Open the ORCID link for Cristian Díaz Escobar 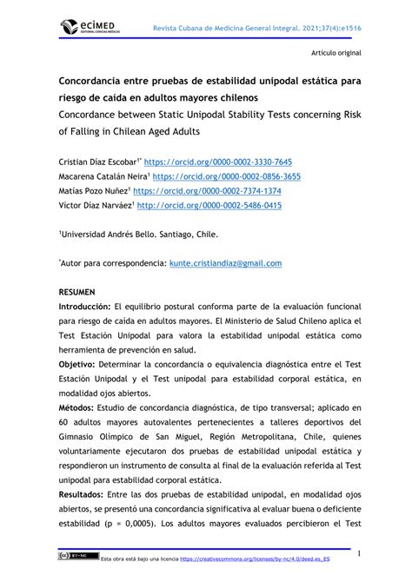[x=217, y=162]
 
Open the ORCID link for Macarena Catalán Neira [x=227, y=176]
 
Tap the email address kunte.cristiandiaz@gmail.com [x=225, y=262]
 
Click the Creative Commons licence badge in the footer [x=76, y=556]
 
